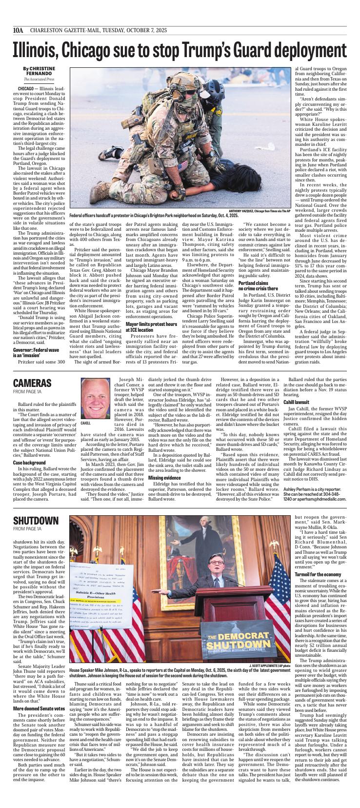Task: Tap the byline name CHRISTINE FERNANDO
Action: click(39, 71)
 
